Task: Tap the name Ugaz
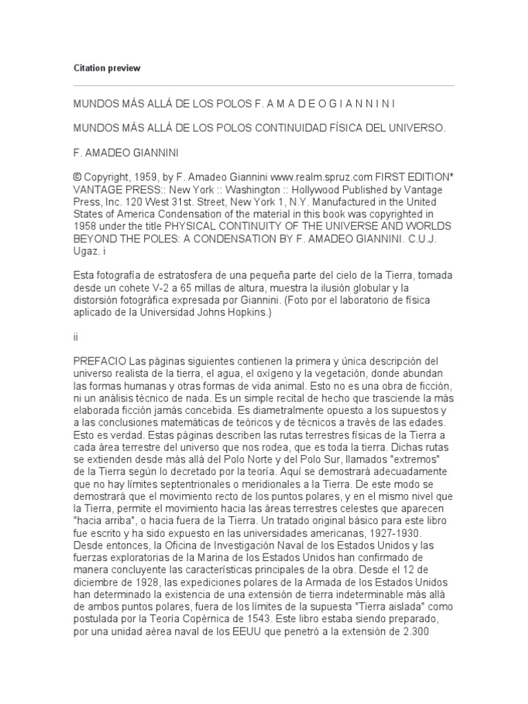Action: coord(85,252)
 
